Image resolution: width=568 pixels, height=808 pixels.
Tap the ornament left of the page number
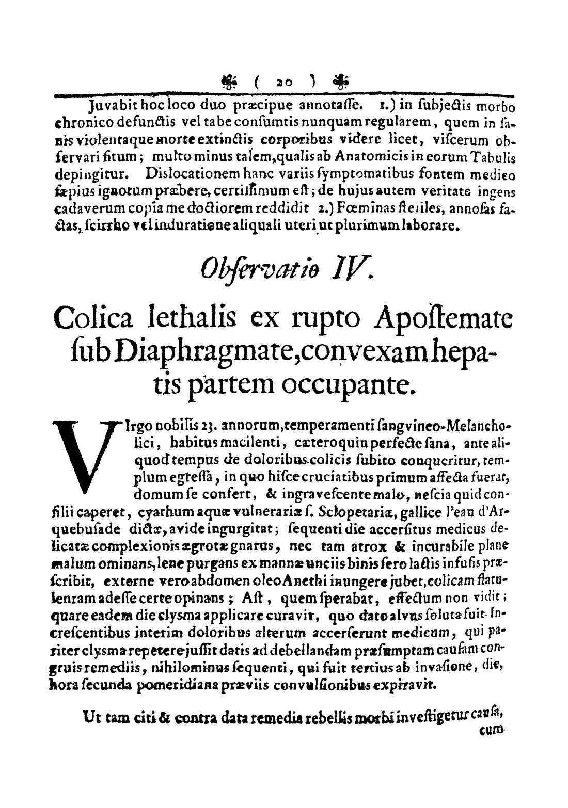pyautogui.click(x=228, y=81)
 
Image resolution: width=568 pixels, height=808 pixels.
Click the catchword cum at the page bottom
pyautogui.click(x=494, y=729)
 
